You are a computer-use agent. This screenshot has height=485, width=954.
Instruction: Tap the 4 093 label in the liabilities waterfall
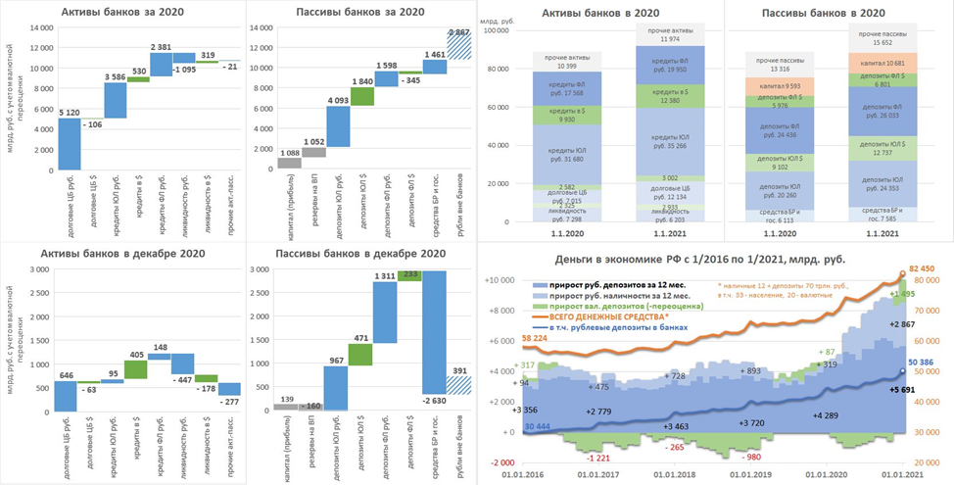click(x=338, y=99)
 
